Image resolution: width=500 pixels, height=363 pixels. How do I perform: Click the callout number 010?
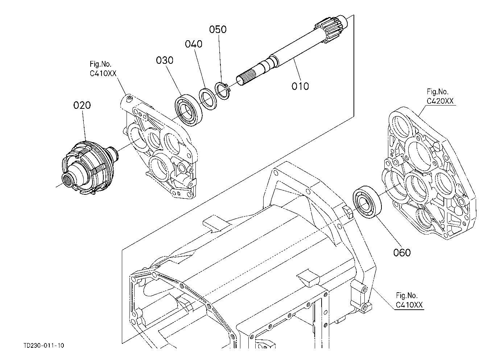coord(300,86)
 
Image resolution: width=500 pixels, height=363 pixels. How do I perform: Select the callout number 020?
coord(82,105)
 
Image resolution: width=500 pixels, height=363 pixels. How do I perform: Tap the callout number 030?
coord(165,60)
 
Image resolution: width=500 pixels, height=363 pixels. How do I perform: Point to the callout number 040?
coord(194,44)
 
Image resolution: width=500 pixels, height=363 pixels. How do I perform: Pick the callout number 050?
coord(218,29)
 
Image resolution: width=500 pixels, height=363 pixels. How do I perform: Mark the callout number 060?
coord(402,252)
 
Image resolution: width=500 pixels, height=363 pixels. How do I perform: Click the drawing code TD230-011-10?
coord(44,345)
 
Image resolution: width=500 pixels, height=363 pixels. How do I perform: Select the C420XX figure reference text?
coord(440,101)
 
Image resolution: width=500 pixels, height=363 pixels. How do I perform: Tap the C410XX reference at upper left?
coord(103,73)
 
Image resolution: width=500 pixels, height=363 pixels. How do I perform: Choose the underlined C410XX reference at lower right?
coord(409,305)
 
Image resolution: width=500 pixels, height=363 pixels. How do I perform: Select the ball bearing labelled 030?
coord(189,110)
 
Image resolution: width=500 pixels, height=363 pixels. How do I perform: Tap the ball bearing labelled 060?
coord(367,202)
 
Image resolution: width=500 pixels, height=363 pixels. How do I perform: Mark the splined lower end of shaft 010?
coord(246,77)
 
